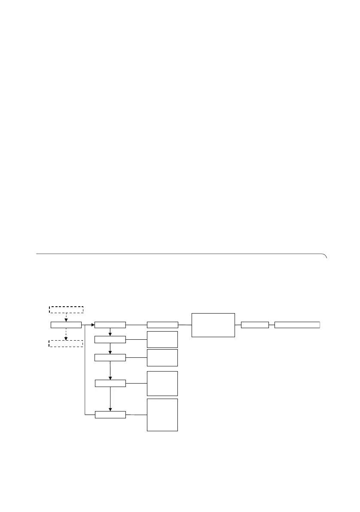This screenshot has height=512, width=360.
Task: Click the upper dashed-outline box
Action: [66, 309]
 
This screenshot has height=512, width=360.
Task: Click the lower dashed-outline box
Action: [66, 343]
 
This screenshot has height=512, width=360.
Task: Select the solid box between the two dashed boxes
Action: [66, 325]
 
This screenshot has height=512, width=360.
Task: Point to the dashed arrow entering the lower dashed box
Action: [66, 335]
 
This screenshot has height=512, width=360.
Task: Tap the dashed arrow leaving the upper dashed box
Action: [66, 317]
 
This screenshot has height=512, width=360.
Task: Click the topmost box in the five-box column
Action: [110, 325]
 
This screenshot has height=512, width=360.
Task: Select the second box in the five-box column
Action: [110, 340]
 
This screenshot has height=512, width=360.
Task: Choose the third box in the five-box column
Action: [110, 357]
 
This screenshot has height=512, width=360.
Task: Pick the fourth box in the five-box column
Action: [110, 383]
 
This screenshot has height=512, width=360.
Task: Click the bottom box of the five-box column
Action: [110, 414]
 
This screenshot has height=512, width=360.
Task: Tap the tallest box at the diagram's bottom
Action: [162, 414]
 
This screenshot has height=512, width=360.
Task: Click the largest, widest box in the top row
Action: [213, 325]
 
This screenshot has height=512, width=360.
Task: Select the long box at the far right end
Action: [297, 325]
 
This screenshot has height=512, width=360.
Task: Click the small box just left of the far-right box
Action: [255, 325]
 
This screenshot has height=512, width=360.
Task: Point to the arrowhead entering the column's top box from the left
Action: [92, 325]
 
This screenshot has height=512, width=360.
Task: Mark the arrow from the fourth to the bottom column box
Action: [110, 399]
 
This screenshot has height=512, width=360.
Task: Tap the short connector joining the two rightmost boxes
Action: [272, 325]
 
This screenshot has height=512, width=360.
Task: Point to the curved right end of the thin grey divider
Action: [325, 256]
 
